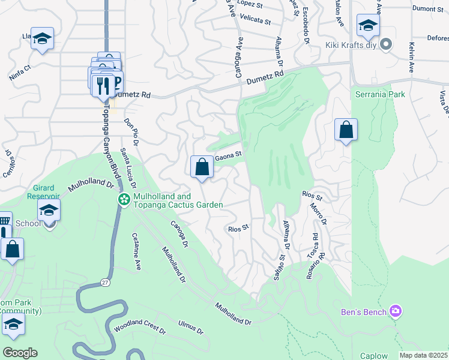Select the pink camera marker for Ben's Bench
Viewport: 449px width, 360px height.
(396, 310)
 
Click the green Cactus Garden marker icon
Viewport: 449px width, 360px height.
(124, 199)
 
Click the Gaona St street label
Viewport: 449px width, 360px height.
(228, 155)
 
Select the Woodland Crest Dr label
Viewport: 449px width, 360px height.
(139, 327)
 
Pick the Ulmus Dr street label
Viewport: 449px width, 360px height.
(191, 328)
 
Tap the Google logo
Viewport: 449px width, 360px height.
(20, 353)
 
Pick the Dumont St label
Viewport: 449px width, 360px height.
(428, 9)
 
